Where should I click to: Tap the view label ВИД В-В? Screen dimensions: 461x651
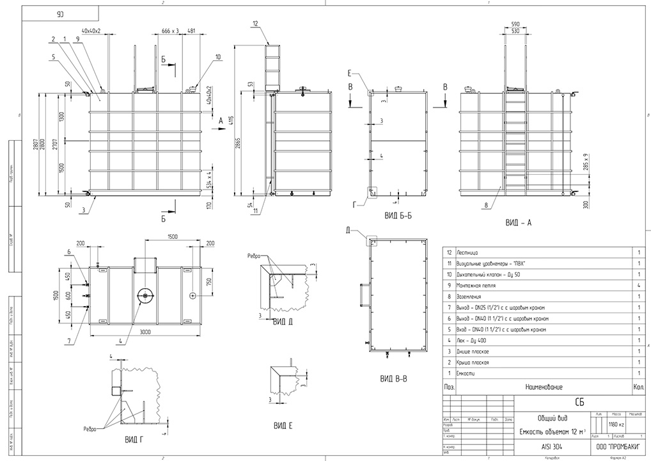pos(393,379)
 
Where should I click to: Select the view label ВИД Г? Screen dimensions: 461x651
pos(133,440)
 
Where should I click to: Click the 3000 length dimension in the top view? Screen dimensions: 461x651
pos(145,331)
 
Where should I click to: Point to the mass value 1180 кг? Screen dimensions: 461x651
pos(615,424)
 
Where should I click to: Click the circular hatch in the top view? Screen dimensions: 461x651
pos(145,295)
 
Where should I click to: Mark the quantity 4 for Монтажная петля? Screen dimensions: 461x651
pos(639,286)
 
